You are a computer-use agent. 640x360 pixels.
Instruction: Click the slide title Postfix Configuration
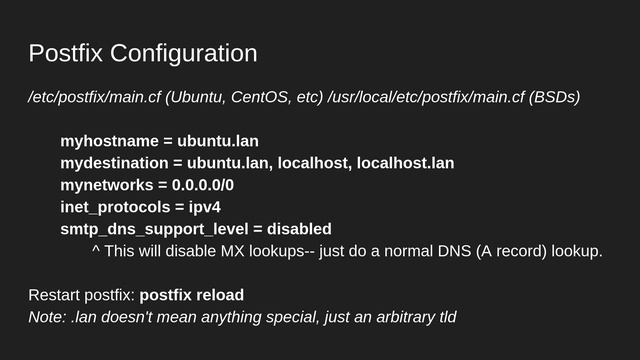point(142,53)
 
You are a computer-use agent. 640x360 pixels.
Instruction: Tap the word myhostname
point(104,141)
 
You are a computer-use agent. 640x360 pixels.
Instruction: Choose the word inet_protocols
point(108,207)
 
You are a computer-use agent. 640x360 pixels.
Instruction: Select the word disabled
point(299,229)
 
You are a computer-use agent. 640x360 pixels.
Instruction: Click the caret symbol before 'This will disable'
point(95,250)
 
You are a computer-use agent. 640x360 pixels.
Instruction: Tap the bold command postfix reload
point(192,295)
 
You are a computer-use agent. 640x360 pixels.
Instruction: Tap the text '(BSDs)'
point(554,98)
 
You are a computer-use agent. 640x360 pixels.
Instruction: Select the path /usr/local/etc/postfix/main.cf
point(425,98)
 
